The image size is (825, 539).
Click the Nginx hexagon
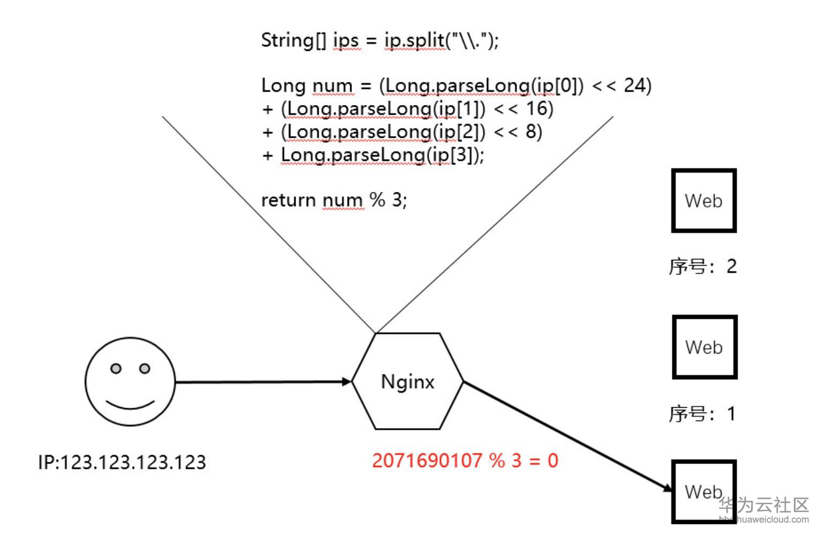pyautogui.click(x=407, y=381)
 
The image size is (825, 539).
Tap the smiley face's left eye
pyautogui.click(x=116, y=369)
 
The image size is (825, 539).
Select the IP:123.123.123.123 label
pyautogui.click(x=122, y=462)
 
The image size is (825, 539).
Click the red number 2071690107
pyautogui.click(x=427, y=461)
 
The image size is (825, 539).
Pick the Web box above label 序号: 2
pyautogui.click(x=703, y=201)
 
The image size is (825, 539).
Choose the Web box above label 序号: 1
pyautogui.click(x=704, y=347)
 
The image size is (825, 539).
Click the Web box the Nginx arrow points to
pyautogui.click(x=703, y=491)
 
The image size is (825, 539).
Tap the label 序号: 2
pyautogui.click(x=702, y=266)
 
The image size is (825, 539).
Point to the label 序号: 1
pyautogui.click(x=702, y=414)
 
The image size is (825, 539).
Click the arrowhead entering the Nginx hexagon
pyautogui.click(x=347, y=381)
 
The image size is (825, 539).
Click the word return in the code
pyautogui.click(x=288, y=200)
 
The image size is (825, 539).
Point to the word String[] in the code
pyautogui.click(x=293, y=41)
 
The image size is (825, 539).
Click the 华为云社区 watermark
pyautogui.click(x=763, y=505)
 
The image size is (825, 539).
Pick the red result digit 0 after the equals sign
pyautogui.click(x=553, y=461)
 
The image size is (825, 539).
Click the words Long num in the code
pyautogui.click(x=306, y=86)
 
